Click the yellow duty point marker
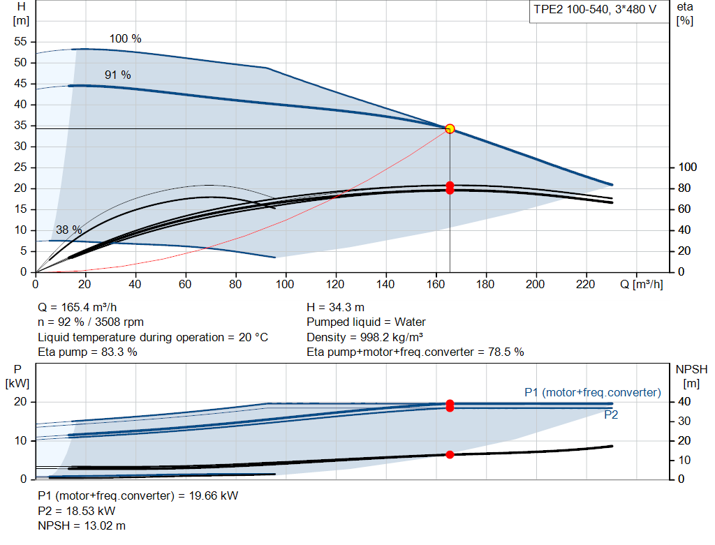[x=450, y=129]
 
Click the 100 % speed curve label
[x=126, y=39]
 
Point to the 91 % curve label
[x=117, y=75]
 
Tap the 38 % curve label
[x=69, y=230]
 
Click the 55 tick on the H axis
[x=20, y=41]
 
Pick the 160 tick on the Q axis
[x=436, y=284]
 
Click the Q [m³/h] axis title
[x=642, y=284]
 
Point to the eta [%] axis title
[x=685, y=14]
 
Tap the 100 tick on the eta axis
[x=688, y=167]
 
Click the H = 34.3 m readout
[x=336, y=308]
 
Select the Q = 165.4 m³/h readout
[x=78, y=308]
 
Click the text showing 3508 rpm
[x=119, y=322]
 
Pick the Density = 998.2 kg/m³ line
[x=364, y=337]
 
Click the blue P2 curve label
[x=611, y=415]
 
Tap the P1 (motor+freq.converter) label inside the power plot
[x=593, y=392]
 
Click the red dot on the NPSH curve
[x=450, y=455]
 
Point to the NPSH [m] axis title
[x=691, y=376]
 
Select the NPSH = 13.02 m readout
[x=82, y=526]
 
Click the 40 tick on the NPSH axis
[x=684, y=401]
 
